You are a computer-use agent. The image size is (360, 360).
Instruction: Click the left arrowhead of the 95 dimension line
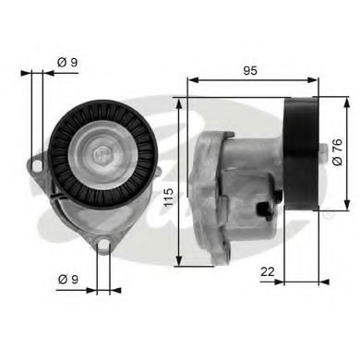tap(190, 79)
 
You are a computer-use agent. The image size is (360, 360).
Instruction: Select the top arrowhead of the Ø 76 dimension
tap(348, 98)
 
